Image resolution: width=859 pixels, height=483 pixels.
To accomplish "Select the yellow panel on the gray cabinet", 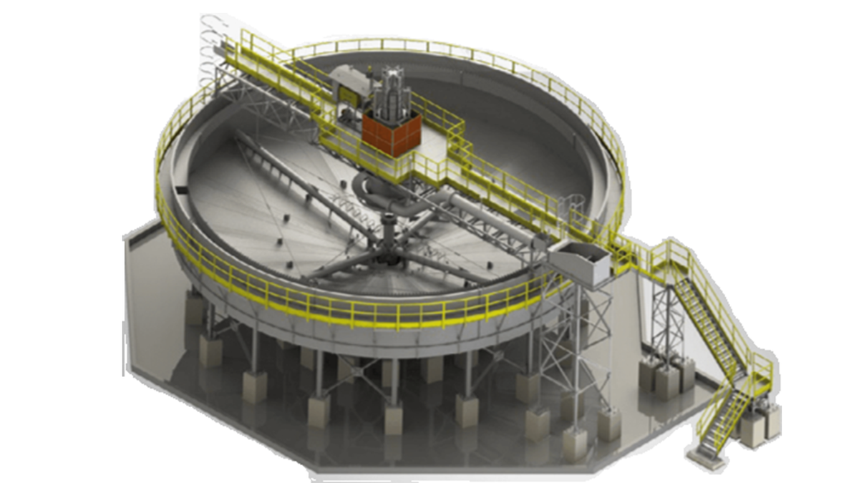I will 351,93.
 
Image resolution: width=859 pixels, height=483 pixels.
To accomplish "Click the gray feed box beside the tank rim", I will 584,262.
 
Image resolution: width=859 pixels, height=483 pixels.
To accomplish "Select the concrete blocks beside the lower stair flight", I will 759,422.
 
